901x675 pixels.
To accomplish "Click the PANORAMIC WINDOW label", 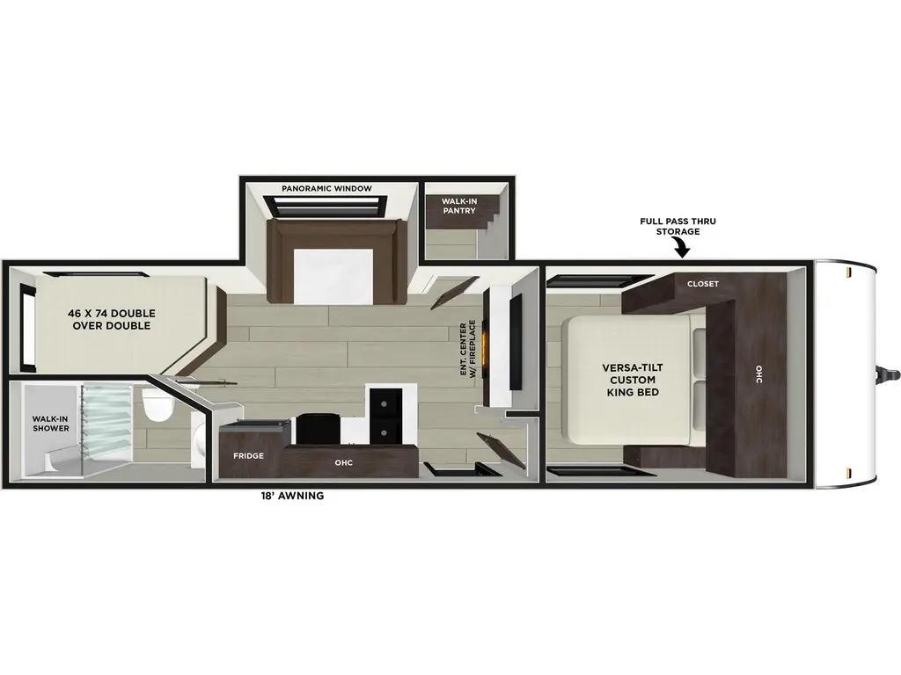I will coord(327,188).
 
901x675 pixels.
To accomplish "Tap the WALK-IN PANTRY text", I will coord(458,206).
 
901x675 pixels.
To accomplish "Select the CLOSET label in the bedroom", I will coord(703,284).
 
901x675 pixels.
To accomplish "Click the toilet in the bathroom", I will coord(156,407).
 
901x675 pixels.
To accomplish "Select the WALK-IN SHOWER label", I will coord(51,425).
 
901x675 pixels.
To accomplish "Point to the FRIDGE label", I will coord(249,456).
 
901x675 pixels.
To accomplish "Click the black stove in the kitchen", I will coord(314,429).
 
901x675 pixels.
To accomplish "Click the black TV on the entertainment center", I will coord(515,342).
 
